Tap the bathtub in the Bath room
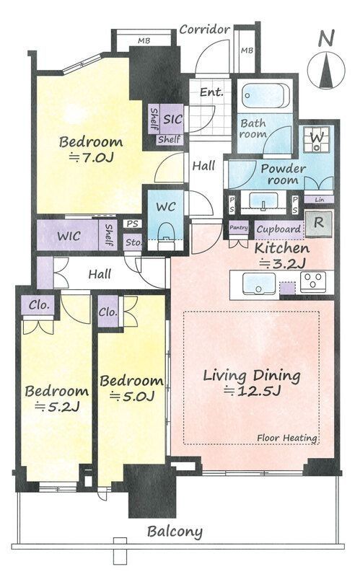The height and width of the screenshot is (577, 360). pos(265,96)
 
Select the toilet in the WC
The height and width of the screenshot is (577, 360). pos(165,232)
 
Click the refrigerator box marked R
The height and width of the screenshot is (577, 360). pos(319,224)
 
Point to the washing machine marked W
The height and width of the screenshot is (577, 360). pos(317,139)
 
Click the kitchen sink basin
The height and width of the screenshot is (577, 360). pos(259,283)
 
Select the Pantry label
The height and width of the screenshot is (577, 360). pos(239,228)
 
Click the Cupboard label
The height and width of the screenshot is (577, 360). pos(278,229)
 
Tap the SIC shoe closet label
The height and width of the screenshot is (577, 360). pos(172,119)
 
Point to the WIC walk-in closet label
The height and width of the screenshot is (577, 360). pos(69,236)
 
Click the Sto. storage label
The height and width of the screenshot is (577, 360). pos(133,242)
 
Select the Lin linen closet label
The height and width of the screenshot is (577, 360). pos(320,200)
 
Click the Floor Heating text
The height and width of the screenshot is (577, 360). pos(287,438)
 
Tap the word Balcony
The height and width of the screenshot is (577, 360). pos(175,532)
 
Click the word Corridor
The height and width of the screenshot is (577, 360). pos(205,29)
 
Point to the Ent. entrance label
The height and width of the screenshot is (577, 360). pos(211,92)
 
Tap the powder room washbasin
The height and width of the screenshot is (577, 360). pos(263,201)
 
